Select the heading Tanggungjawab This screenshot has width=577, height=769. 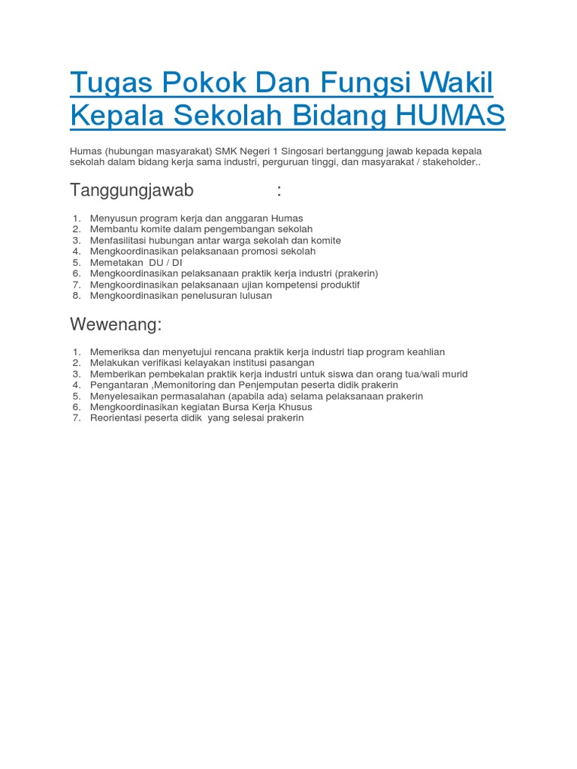click(x=131, y=191)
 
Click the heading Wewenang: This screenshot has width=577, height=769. click(x=116, y=324)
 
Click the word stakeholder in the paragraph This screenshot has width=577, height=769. click(x=443, y=161)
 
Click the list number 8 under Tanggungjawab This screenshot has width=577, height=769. click(x=76, y=296)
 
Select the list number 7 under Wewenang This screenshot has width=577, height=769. click(x=76, y=418)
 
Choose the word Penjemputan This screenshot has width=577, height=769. click(x=259, y=384)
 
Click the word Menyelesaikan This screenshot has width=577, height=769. click(x=123, y=396)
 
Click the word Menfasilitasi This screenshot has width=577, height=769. click(x=120, y=240)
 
